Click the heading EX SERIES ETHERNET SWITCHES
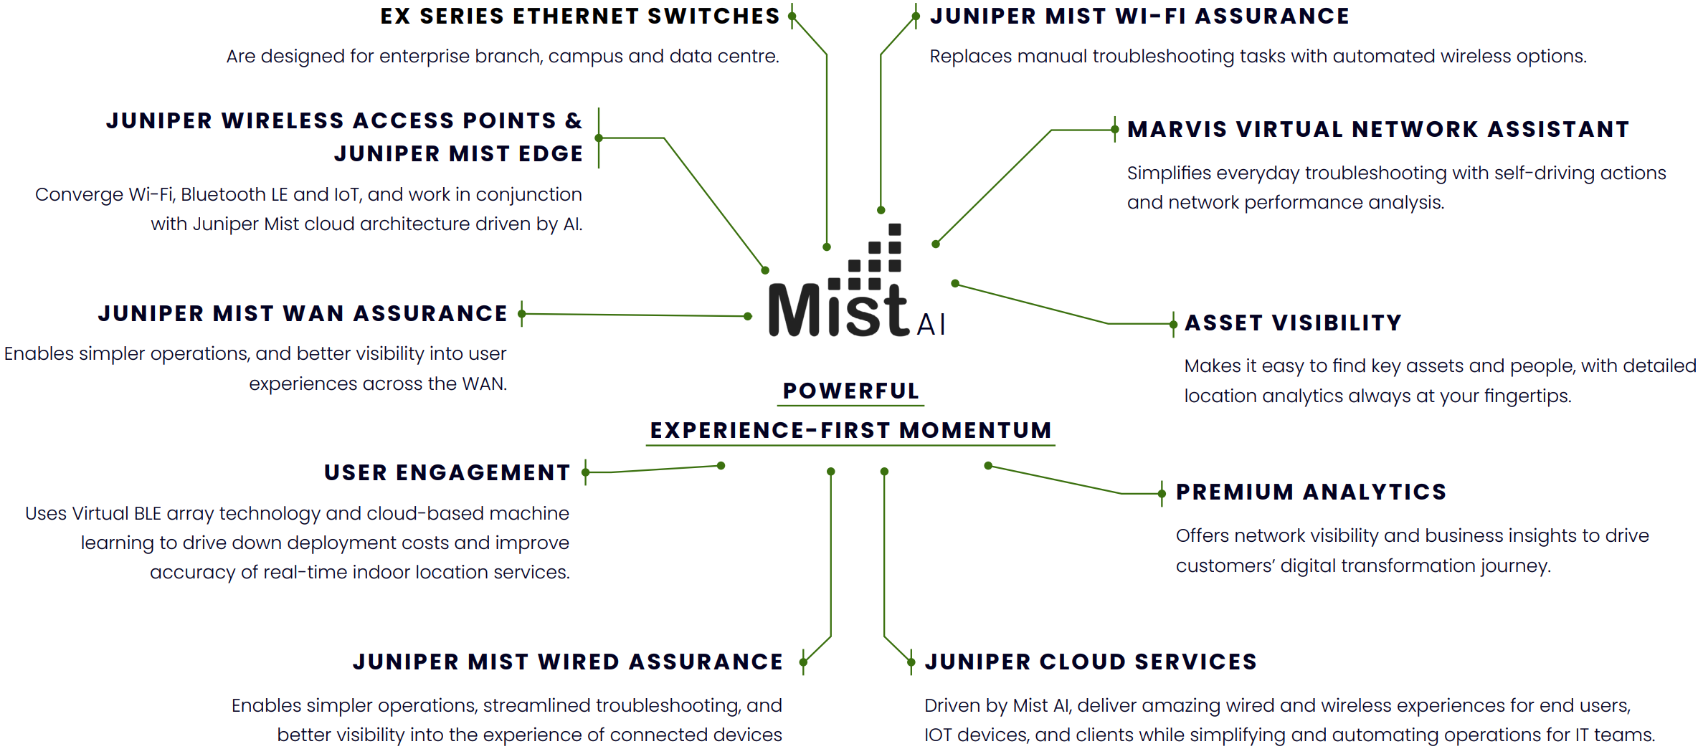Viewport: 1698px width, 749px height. coord(579,16)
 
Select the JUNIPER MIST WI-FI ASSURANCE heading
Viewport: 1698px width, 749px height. coord(1139,16)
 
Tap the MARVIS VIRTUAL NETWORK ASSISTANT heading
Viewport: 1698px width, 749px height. coord(1378,130)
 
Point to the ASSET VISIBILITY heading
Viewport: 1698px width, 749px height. coord(1293,323)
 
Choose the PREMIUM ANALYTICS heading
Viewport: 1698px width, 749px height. coord(1311,492)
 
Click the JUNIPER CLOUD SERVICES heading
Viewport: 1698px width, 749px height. coord(1091,662)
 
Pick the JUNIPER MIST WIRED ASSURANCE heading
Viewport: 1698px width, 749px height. coord(568,662)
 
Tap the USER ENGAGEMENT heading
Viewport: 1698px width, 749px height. coord(447,473)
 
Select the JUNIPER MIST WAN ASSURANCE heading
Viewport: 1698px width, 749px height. coord(303,314)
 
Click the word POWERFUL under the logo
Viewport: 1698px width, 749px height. coord(850,391)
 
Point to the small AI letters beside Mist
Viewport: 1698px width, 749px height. coord(931,325)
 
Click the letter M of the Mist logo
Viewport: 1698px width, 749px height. coord(795,310)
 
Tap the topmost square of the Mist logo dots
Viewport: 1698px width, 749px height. coord(895,229)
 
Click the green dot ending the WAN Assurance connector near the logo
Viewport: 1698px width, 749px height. coord(748,316)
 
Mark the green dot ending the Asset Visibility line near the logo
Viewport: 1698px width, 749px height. coord(955,284)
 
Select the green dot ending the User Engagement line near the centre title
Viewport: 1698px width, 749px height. coord(721,466)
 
